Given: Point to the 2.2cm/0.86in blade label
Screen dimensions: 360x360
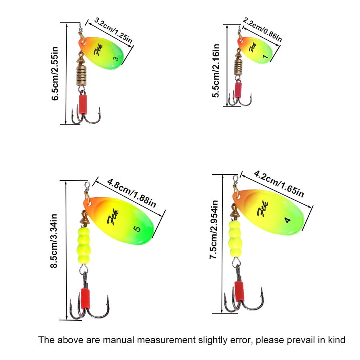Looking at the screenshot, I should [262, 30].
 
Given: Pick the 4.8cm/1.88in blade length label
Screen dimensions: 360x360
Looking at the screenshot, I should [131, 192].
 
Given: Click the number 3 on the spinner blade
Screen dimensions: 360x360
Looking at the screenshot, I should [116, 59].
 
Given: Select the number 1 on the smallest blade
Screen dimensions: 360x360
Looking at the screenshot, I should [265, 57].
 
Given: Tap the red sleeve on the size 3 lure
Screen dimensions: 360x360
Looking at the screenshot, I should [84, 104].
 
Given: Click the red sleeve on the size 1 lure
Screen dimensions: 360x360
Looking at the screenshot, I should [238, 90].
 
